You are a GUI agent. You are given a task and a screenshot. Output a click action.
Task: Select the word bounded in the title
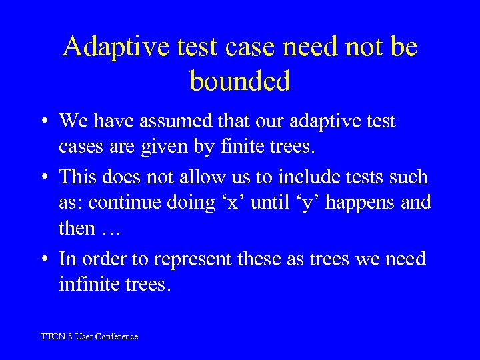tap(240, 81)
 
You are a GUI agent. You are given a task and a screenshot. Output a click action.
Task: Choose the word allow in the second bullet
tap(200, 177)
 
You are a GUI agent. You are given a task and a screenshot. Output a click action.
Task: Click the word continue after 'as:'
tap(132, 201)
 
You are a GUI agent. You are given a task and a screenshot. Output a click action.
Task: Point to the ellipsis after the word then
tap(110, 228)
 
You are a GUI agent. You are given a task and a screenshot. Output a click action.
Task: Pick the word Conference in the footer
tap(117, 337)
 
